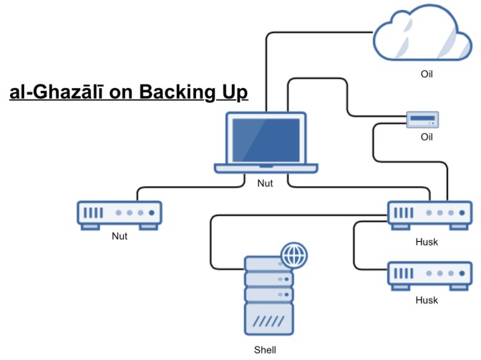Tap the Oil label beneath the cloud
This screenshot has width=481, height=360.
427,73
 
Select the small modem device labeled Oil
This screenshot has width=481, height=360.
422,120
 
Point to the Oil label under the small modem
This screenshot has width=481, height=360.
427,137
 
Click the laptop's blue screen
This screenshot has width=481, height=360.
266,139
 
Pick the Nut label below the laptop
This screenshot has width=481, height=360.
265,183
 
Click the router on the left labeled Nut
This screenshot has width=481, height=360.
119,214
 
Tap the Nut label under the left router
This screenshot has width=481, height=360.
120,236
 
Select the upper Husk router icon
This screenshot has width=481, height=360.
429,214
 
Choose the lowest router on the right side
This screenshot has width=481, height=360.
429,276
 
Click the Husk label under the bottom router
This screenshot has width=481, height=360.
427,300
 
